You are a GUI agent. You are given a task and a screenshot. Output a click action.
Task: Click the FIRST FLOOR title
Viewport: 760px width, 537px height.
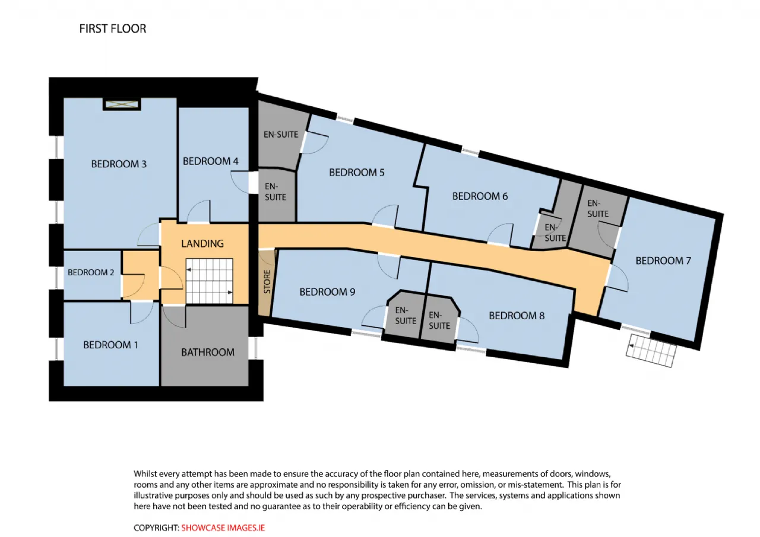pyautogui.click(x=113, y=29)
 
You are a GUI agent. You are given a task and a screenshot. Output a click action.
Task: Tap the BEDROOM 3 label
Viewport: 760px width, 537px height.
pyautogui.click(x=119, y=164)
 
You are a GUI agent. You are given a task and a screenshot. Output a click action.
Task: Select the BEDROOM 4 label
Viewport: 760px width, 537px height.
pyautogui.click(x=210, y=161)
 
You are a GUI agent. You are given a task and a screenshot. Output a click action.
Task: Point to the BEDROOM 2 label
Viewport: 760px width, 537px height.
pyautogui.click(x=91, y=272)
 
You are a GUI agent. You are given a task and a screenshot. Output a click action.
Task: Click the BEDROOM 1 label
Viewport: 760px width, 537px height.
pyautogui.click(x=110, y=345)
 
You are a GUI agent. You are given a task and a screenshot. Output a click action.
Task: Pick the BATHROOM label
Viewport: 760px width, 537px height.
pyautogui.click(x=208, y=352)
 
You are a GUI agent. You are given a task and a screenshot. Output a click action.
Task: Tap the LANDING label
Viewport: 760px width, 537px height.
pyautogui.click(x=202, y=243)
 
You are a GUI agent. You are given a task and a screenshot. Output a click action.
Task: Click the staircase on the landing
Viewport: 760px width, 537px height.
pyautogui.click(x=210, y=281)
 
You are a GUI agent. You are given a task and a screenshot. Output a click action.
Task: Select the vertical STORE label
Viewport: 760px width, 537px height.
pyautogui.click(x=267, y=281)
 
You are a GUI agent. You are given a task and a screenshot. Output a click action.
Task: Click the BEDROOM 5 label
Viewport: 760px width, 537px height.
pyautogui.click(x=357, y=173)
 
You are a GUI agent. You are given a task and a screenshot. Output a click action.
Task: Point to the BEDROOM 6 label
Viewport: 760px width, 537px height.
pyautogui.click(x=480, y=196)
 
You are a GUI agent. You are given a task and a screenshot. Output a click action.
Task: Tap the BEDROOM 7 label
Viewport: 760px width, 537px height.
pyautogui.click(x=663, y=260)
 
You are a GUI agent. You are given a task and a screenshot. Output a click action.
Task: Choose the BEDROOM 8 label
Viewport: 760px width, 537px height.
pyautogui.click(x=517, y=316)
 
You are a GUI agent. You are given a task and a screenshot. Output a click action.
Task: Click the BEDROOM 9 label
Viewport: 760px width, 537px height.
pyautogui.click(x=327, y=292)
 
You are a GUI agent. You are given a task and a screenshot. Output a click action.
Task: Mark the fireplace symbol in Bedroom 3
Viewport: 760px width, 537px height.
pyautogui.click(x=122, y=104)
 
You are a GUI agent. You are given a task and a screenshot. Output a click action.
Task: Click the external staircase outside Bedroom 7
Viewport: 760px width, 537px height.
pyautogui.click(x=651, y=351)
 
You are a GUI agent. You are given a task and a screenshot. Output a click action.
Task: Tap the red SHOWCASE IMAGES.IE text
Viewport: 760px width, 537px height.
pyautogui.click(x=223, y=528)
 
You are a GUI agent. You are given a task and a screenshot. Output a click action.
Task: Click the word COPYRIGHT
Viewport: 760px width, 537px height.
pyautogui.click(x=156, y=528)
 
